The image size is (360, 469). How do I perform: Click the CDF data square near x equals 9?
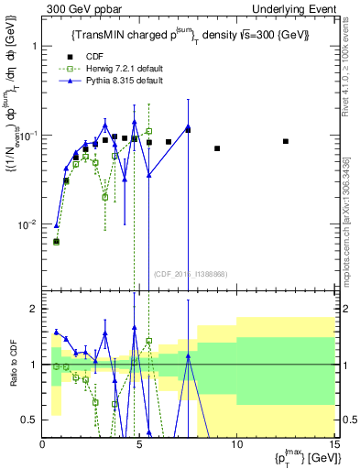click(217, 148)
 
